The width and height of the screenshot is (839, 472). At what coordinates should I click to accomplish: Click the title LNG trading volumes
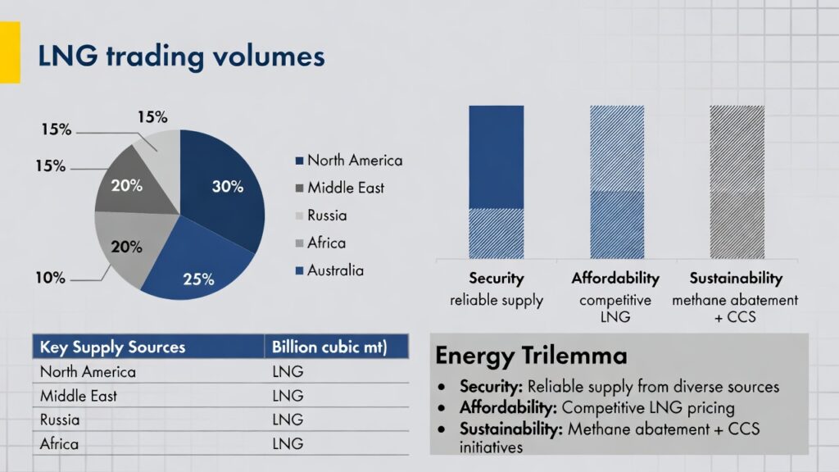pos(181,57)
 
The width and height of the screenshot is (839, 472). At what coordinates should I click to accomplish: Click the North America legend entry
pos(354,161)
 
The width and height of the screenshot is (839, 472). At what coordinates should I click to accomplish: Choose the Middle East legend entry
pos(345,188)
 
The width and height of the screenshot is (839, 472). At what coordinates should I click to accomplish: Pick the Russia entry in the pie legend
pos(326,216)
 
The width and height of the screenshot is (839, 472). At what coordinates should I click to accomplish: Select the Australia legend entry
pos(334,270)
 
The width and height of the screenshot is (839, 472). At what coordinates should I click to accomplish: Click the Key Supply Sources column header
pos(113,347)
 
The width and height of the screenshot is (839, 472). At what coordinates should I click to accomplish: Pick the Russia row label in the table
pos(61,420)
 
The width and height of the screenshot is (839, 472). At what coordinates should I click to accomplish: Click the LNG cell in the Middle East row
pos(287,396)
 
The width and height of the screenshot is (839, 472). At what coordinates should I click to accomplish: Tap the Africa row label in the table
pos(59,443)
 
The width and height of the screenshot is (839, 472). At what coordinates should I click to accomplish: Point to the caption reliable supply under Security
pos(496,300)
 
